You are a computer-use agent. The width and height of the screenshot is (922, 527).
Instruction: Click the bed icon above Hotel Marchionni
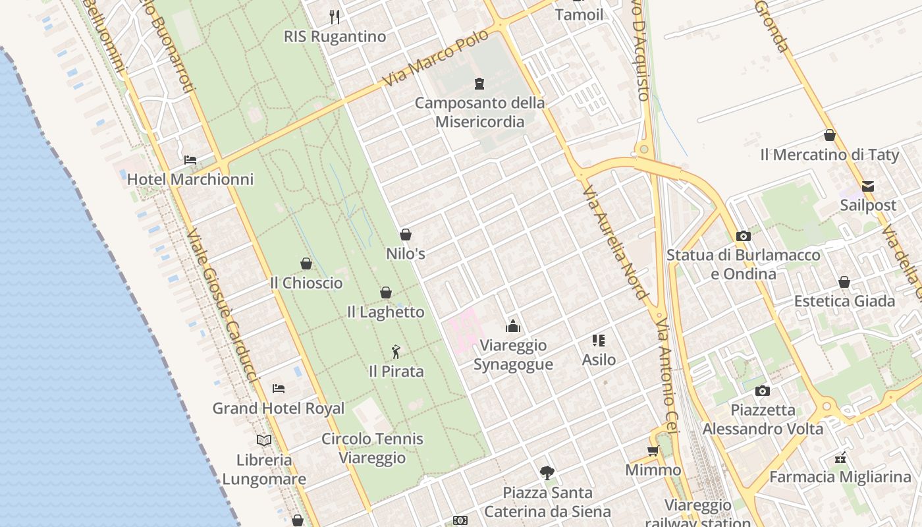190,160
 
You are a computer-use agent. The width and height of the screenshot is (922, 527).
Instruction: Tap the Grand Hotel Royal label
278,408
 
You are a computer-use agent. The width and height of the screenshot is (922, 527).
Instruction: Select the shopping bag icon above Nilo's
406,235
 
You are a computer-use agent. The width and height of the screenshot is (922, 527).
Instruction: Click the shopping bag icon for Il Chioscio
306,263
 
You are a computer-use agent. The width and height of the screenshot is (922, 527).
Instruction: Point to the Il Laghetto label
386,312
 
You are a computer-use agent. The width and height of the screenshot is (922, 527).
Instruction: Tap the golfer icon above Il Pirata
396,352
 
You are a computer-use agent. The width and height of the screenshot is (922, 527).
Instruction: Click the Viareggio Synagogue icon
513,326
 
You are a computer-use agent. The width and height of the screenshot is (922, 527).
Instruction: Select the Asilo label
599,360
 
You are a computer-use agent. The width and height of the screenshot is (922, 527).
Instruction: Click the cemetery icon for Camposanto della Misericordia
479,84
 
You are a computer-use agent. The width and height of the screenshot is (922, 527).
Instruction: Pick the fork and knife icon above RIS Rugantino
335,16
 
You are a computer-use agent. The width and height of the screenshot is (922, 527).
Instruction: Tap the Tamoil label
579,14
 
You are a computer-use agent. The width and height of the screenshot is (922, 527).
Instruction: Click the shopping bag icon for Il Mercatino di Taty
830,135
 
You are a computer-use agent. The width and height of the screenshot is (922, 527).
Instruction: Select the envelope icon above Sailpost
868,186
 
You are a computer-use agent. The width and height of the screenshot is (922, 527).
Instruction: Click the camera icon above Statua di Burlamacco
744,236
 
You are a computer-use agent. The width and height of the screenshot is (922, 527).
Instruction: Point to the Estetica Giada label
844,301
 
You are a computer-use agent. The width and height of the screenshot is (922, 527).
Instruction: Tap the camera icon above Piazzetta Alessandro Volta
763,391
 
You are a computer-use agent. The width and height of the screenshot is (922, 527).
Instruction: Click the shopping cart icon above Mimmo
653,451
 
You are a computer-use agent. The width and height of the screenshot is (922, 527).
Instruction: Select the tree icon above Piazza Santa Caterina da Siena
547,472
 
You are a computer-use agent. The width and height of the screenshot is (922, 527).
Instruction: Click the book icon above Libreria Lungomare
264,440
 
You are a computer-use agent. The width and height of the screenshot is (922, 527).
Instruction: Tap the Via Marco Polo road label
436,58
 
